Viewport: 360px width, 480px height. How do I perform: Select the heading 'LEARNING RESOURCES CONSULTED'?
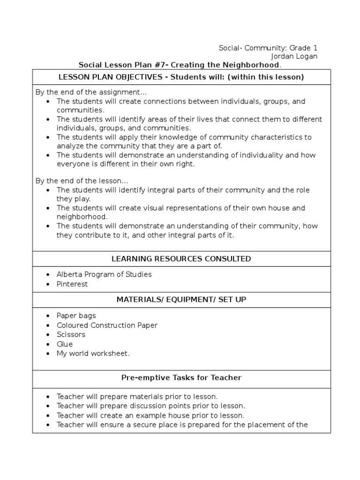181,259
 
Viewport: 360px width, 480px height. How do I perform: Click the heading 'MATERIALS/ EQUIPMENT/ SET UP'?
181,299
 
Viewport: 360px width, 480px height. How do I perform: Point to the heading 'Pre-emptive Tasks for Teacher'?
181,377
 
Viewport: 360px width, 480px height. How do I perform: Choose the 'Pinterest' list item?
72,284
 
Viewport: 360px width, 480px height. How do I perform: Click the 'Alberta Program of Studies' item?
104,275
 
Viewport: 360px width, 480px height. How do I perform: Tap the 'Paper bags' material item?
76,316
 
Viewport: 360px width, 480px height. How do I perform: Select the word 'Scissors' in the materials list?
71,335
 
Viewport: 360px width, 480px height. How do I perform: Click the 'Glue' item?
65,344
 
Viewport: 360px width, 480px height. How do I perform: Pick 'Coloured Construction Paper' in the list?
107,325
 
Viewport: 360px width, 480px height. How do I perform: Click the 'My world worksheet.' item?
93,353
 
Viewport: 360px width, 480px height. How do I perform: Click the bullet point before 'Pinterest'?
49,285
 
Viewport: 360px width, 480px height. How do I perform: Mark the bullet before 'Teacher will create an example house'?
49,416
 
